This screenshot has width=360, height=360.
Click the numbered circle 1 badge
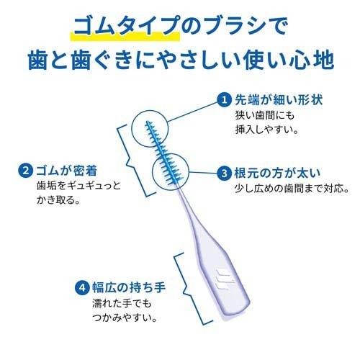point(225,99)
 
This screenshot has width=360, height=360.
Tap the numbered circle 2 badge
point(25,171)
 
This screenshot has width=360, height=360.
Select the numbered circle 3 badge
point(224,173)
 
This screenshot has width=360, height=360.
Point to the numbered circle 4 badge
point(82,287)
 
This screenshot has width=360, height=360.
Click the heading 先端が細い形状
point(279,99)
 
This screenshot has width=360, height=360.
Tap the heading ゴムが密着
point(67,171)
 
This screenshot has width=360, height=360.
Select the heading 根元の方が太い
point(277,173)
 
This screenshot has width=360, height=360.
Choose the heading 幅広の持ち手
point(129,287)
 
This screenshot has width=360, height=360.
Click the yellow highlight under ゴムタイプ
point(125,36)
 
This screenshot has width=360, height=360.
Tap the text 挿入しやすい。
point(267,130)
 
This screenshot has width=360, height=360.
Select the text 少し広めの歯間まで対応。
point(292,189)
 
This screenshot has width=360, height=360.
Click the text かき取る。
point(58,200)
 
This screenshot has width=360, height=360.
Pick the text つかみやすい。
point(125,318)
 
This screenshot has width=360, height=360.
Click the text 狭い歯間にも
point(265,115)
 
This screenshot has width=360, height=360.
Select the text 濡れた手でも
point(122,304)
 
